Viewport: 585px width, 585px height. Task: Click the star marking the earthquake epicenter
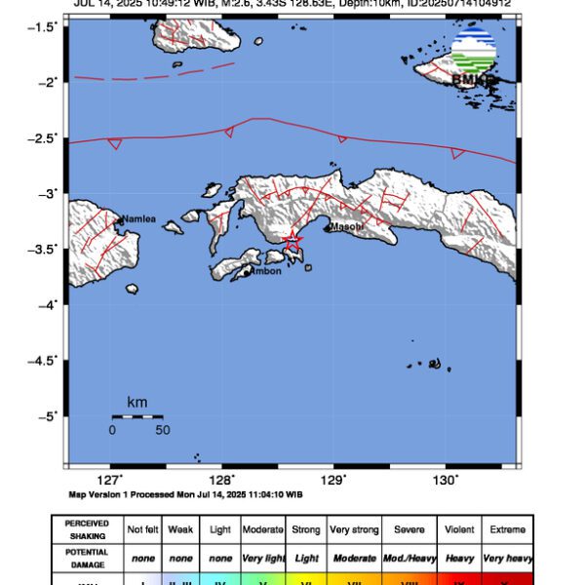[x=292, y=239]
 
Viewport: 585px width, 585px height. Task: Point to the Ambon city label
[x=265, y=271]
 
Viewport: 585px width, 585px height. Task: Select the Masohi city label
[x=346, y=227]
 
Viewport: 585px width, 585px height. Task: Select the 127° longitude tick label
[x=110, y=480]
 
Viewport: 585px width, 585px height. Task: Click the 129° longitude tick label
[x=333, y=480]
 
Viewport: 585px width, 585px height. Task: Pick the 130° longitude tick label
[x=446, y=480]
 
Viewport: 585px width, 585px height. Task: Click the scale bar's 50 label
[x=162, y=430]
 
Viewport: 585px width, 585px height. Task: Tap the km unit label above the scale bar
[x=136, y=402]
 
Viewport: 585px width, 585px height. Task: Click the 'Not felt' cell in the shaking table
[x=141, y=529]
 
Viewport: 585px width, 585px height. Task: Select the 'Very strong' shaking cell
[x=354, y=529]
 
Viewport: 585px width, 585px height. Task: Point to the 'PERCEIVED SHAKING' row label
[x=87, y=529]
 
